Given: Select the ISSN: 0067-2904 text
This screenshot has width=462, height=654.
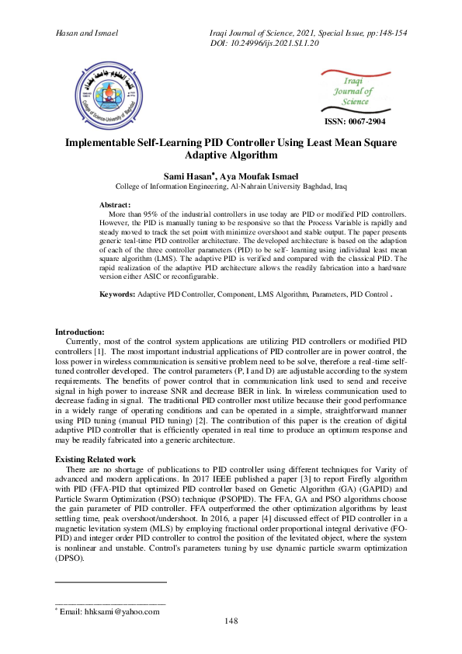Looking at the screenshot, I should click(x=353, y=122).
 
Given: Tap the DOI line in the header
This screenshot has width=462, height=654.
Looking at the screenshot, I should click(x=276, y=43).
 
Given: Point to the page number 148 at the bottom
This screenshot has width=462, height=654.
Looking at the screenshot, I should click(x=231, y=621).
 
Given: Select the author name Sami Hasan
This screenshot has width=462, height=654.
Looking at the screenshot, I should click(x=182, y=176).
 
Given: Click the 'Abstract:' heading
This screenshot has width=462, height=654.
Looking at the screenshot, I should click(x=117, y=204).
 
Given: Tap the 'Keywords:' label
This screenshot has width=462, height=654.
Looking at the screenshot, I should click(x=118, y=295).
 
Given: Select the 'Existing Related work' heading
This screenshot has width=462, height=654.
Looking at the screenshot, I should click(x=101, y=460).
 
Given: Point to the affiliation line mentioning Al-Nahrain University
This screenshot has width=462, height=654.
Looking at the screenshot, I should click(x=231, y=187).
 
